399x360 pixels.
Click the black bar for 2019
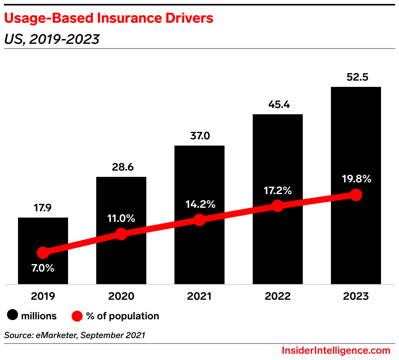tap(43, 270)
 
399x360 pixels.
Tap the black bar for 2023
tap(356, 243)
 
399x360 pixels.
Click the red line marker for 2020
tap(121, 234)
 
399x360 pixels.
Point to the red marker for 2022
tap(278, 205)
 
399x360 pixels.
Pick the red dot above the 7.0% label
tap(43, 253)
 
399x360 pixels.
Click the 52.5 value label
tap(356, 77)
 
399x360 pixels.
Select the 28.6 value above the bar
tap(121, 167)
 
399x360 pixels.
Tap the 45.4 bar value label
tap(278, 104)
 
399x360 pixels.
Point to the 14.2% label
tap(199, 204)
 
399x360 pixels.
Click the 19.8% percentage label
tap(356, 179)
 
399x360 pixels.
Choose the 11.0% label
tap(121, 218)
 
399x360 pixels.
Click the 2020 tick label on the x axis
tap(121, 296)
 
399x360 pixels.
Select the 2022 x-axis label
tap(278, 296)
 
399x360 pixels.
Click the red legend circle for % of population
tap(77, 316)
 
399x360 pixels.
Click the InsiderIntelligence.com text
tap(336, 350)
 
